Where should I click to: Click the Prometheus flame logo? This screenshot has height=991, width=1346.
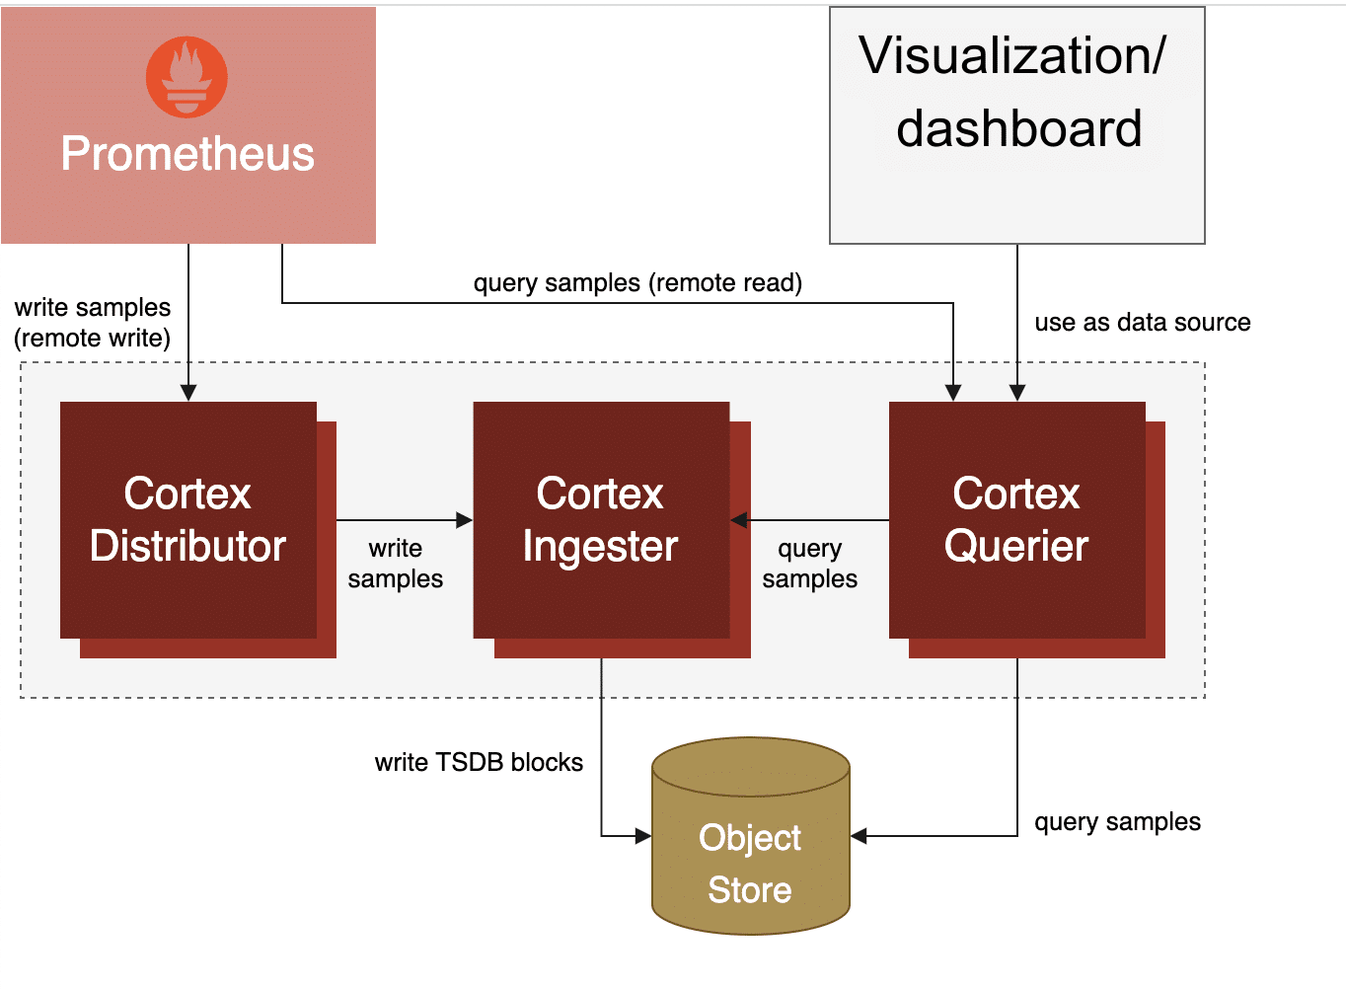point(187,77)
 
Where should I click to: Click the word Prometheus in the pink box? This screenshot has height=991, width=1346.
point(187,154)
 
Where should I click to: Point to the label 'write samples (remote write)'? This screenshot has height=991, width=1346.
point(92,323)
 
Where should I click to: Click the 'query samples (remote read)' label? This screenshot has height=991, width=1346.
point(637,283)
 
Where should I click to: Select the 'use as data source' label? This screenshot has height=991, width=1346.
point(1142,323)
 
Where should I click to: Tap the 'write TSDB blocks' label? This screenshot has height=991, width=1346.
point(479,762)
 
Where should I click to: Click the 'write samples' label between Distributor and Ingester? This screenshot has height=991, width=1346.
point(395,564)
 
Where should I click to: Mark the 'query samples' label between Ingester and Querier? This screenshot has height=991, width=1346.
point(809,564)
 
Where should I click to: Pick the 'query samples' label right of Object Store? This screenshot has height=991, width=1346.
point(1117,822)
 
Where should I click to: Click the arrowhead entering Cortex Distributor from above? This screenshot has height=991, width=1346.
point(188,393)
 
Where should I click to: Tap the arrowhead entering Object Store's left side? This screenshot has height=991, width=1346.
point(642,836)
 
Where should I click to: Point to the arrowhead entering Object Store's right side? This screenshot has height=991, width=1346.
point(859,836)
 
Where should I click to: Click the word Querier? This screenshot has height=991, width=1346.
point(1016,546)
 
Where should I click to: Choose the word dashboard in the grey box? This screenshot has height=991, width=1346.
point(1018,129)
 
